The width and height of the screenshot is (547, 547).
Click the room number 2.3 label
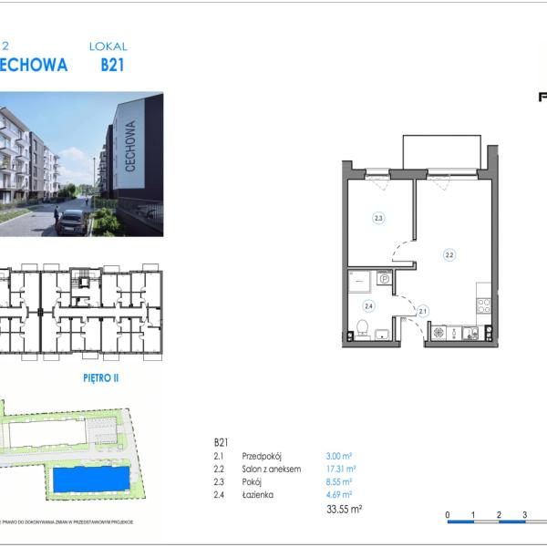pos(377,218)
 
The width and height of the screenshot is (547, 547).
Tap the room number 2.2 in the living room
pos(449,255)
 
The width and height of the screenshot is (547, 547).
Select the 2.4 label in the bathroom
pos(369,306)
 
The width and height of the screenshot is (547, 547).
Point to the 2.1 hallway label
pos(422,311)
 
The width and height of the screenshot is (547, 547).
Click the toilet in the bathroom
pos(362,326)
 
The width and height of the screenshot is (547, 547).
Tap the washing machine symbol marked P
pos(384,279)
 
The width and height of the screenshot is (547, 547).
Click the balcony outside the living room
pos(442,151)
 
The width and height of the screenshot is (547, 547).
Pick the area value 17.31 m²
pos(339,469)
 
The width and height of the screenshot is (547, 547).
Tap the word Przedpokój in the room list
pos(262,455)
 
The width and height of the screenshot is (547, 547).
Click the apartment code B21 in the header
pos(112,65)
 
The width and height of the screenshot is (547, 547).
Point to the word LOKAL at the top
pos(108,46)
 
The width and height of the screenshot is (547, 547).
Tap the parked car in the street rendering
pos(72,222)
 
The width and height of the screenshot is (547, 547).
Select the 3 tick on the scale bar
pos(525,515)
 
